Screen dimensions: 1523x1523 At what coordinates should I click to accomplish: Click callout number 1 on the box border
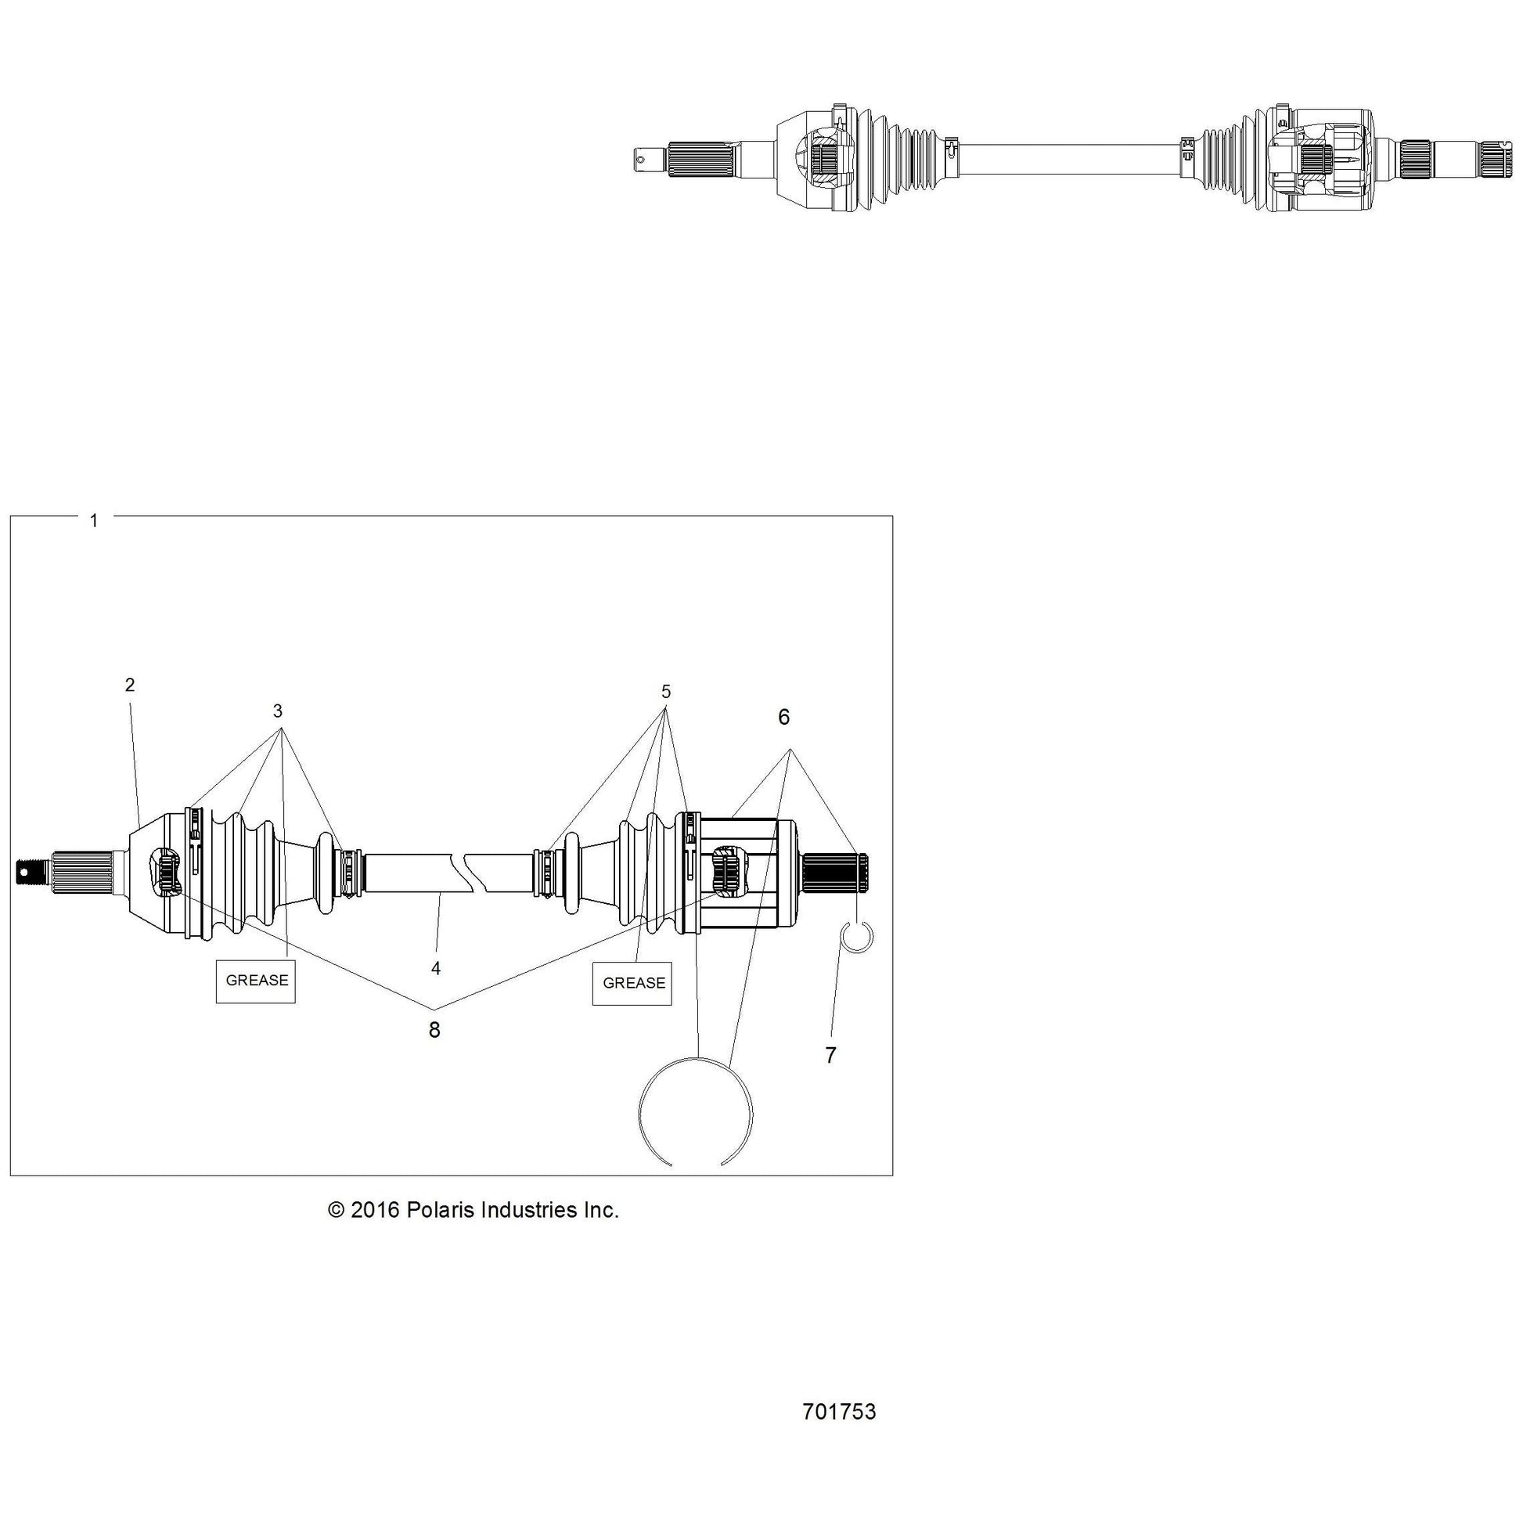coord(94,521)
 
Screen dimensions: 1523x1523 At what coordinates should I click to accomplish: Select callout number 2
coord(130,685)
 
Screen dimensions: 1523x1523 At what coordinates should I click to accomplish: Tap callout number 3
coord(278,711)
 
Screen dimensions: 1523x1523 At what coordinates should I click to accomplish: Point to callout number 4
coord(436,969)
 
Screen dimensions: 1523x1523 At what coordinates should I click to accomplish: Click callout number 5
coord(666,692)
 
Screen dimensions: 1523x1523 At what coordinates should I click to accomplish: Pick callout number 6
coord(783,718)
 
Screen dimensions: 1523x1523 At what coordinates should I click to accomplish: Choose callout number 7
coord(830,1056)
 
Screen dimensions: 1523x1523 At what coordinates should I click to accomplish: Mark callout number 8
coord(434,1030)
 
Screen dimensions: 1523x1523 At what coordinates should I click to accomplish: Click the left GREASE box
coord(256,981)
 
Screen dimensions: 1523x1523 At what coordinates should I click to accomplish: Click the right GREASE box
coord(632,983)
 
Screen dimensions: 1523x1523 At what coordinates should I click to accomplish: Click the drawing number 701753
coord(840,1412)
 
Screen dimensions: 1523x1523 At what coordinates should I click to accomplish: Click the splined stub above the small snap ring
coord(835,873)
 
